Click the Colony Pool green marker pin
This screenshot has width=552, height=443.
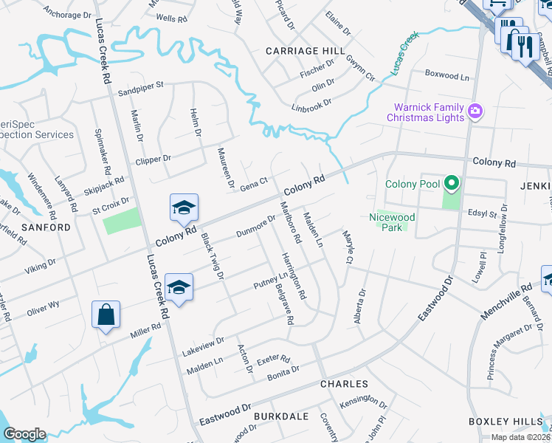(x=450, y=184)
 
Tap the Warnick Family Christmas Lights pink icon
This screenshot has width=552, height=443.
(x=475, y=111)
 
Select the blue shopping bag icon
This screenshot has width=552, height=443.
(x=106, y=315)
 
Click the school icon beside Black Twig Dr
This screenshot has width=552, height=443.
(x=184, y=208)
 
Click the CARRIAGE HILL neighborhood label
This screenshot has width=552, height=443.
(x=306, y=50)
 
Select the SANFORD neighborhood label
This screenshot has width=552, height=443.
(x=46, y=227)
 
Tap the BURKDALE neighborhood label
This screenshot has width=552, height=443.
(x=280, y=416)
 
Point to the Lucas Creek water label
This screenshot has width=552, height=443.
(x=404, y=52)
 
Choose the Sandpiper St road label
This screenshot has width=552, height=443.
(x=140, y=94)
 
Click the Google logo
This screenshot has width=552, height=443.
(x=24, y=434)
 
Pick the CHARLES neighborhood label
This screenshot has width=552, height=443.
(x=344, y=384)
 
